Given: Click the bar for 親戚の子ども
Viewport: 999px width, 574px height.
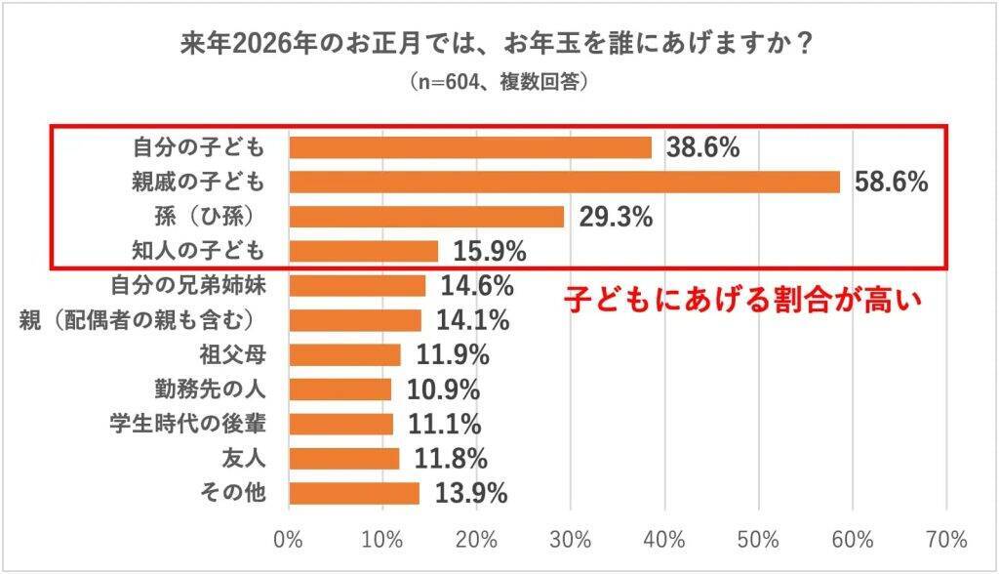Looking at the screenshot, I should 564,182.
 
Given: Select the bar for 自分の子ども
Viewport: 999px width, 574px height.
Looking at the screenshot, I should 470,147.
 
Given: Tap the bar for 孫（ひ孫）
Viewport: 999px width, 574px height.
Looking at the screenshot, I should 426,217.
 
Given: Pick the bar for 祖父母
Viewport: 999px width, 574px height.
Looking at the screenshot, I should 345,354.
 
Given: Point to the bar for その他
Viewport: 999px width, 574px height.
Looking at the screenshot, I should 354,493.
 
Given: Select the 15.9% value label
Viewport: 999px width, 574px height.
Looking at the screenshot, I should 488,252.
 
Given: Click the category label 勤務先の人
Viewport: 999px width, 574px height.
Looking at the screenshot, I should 212,389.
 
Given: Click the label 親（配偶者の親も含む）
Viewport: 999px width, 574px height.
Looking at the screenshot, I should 142,320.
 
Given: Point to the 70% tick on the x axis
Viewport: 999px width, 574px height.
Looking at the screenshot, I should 946,539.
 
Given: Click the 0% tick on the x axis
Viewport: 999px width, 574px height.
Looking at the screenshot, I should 290,539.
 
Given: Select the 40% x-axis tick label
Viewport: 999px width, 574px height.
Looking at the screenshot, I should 664,539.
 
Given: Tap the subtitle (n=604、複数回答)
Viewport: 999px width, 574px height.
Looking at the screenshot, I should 499,84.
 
